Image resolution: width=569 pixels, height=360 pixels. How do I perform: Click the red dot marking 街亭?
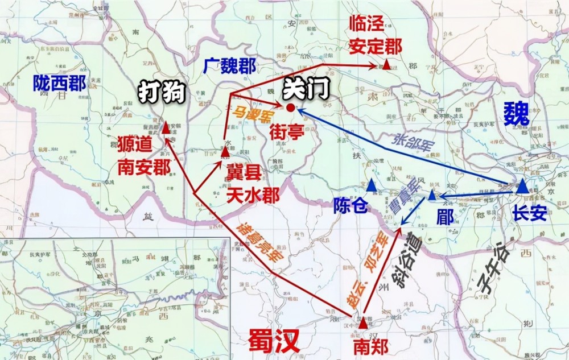291,107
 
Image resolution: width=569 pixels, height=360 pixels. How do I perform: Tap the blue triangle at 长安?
522,186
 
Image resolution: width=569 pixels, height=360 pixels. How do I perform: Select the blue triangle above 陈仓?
372,185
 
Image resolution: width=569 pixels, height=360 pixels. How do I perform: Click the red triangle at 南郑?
364,324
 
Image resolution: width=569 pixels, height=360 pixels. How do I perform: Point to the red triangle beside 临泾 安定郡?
387,65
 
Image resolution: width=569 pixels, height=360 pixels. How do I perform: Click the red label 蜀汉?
273,341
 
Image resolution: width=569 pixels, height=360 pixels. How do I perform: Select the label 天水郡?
253,195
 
